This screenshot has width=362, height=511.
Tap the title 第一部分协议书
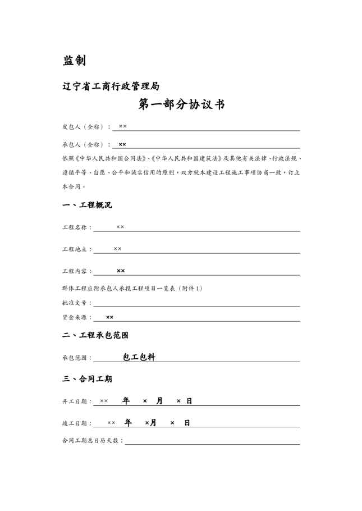coord(181,104)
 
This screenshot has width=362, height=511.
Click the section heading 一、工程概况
coord(87,205)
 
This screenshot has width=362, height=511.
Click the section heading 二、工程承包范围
coord(95,335)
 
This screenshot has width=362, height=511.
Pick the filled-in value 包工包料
coord(139,357)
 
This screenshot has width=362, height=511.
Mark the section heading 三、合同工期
coord(87,379)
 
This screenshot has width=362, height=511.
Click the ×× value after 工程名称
coord(120,227)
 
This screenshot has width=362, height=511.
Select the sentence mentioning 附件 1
coord(132,288)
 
